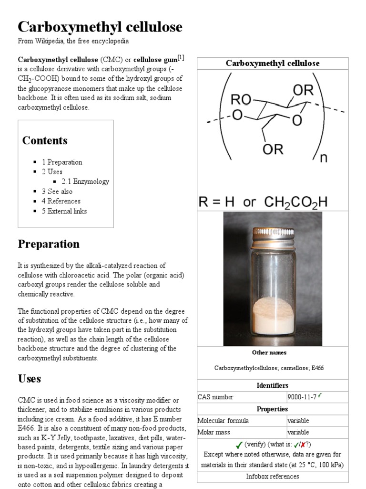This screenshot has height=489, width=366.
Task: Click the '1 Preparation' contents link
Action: (x=65, y=162)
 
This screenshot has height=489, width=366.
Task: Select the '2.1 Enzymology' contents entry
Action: (x=85, y=181)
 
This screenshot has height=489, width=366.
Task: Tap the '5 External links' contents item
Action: (x=67, y=211)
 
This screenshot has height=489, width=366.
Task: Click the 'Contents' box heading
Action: (x=45, y=140)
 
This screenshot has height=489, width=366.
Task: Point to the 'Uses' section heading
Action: (x=30, y=379)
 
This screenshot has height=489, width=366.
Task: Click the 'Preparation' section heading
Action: (x=49, y=244)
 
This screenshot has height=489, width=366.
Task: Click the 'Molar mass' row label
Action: (x=214, y=432)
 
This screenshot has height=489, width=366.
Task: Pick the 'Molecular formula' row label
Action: (x=223, y=421)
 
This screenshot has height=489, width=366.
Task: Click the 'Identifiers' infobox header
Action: (x=273, y=385)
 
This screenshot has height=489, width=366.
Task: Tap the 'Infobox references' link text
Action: (x=273, y=476)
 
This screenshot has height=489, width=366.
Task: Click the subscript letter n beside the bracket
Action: (x=324, y=158)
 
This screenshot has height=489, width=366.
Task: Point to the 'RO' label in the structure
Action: (x=241, y=100)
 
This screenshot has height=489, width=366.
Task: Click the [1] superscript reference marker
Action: (x=181, y=58)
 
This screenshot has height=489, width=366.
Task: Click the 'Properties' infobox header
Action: (x=273, y=409)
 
